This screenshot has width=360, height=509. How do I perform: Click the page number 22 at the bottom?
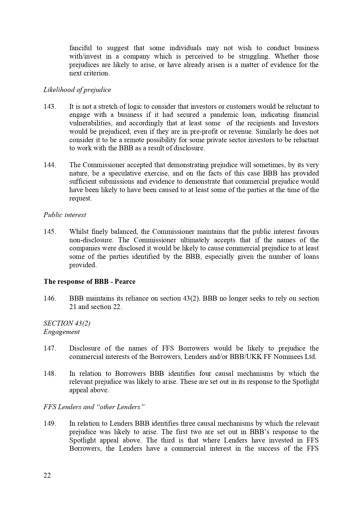point(47,476)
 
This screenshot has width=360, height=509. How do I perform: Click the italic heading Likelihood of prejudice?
point(77,90)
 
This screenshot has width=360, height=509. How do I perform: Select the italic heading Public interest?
point(65,215)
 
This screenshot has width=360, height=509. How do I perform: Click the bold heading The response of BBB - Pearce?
point(89,281)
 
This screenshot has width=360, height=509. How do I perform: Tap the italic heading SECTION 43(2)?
point(67,323)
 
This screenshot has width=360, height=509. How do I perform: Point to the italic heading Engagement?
point(61,332)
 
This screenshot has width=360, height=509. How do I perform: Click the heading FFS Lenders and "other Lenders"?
point(94,407)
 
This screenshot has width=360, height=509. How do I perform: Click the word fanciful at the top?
point(80,48)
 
